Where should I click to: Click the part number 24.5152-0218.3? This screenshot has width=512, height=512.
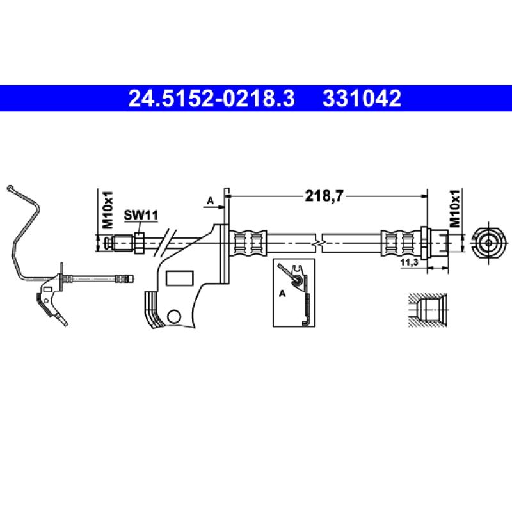point(212,99)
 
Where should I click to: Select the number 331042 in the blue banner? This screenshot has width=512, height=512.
point(362,99)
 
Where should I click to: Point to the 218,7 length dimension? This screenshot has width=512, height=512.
point(324,197)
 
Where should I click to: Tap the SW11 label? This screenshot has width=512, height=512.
point(141,216)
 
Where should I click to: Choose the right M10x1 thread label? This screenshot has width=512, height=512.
point(455,209)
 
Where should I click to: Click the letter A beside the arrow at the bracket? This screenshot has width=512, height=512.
point(210,201)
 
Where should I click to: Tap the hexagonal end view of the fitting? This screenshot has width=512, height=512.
point(488,243)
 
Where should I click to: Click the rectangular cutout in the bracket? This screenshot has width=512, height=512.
point(179,278)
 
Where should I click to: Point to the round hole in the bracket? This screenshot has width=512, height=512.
point(173,316)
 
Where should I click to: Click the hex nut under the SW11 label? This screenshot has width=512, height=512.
point(138,242)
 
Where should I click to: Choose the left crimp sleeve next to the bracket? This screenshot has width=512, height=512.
point(248,243)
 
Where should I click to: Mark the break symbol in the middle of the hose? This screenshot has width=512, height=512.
point(317,243)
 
